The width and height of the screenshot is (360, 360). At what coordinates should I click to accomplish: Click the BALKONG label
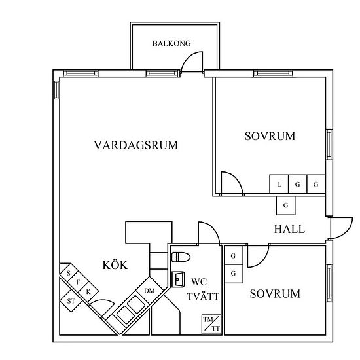tap(171, 43)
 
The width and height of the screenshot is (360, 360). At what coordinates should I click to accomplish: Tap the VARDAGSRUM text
tap(136, 145)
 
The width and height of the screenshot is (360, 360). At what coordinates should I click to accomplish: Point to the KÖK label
tap(115, 265)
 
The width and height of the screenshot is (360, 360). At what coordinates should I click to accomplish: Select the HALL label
tap(289, 229)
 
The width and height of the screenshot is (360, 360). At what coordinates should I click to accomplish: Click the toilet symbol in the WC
tap(181, 257)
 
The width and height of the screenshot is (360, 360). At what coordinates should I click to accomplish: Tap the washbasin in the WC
tap(178, 279)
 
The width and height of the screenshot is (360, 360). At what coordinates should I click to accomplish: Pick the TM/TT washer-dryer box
tap(211, 324)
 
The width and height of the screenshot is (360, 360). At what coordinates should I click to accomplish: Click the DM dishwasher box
tap(150, 291)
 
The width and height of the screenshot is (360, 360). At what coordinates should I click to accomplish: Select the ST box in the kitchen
tap(71, 301)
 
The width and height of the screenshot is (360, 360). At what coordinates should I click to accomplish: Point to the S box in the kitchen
tap(69, 273)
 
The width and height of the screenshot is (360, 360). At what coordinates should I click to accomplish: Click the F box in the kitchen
tap(78, 282)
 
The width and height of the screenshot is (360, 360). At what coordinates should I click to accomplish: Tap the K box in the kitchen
tap(88, 292)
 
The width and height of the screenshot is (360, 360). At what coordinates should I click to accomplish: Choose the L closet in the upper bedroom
tap(279, 185)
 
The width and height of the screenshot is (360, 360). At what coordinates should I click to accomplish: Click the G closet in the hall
tap(285, 206)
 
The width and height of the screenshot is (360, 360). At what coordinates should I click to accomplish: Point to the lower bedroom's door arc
tap(262, 261)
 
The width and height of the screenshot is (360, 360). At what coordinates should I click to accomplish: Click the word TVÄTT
tap(203, 297)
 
